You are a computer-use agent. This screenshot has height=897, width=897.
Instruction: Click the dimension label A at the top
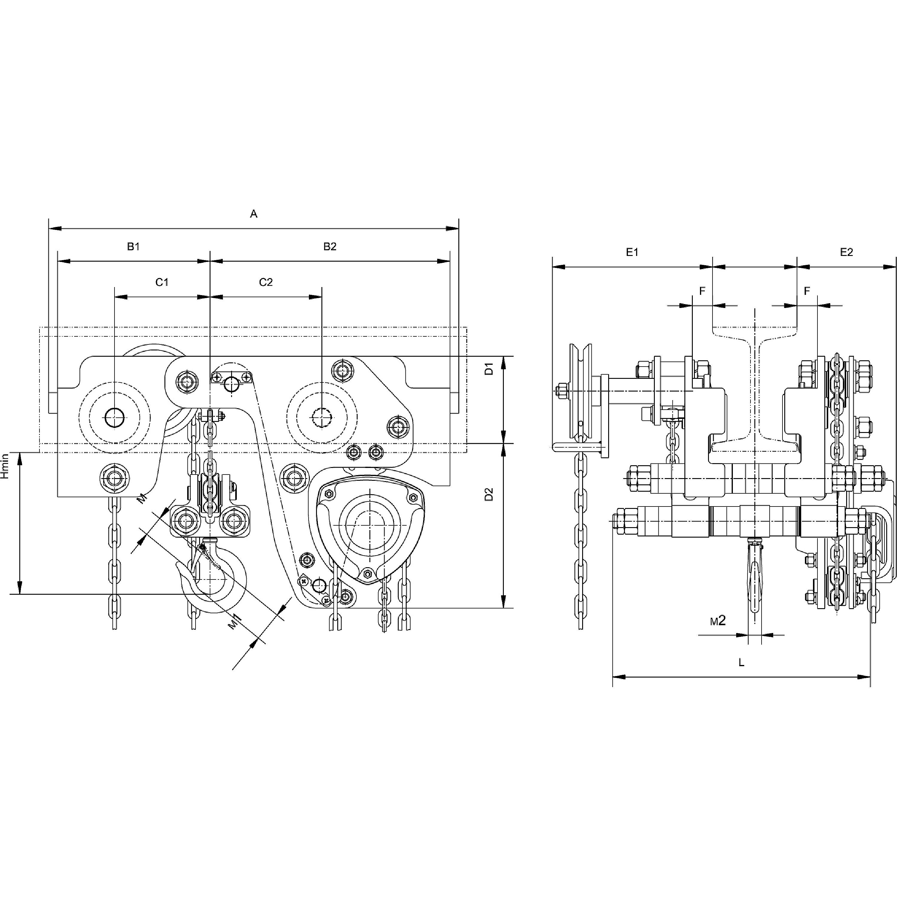click(254, 214)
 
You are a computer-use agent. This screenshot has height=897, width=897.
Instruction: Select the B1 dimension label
click(133, 247)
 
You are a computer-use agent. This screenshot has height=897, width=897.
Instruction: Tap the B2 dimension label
click(329, 247)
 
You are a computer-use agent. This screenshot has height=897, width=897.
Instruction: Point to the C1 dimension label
click(161, 282)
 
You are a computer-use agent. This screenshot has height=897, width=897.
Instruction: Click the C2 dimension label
click(266, 282)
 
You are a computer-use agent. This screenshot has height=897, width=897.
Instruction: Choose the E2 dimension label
click(846, 252)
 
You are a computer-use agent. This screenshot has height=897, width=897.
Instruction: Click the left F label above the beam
click(702, 291)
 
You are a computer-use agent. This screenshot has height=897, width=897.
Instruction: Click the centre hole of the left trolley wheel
click(114, 418)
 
